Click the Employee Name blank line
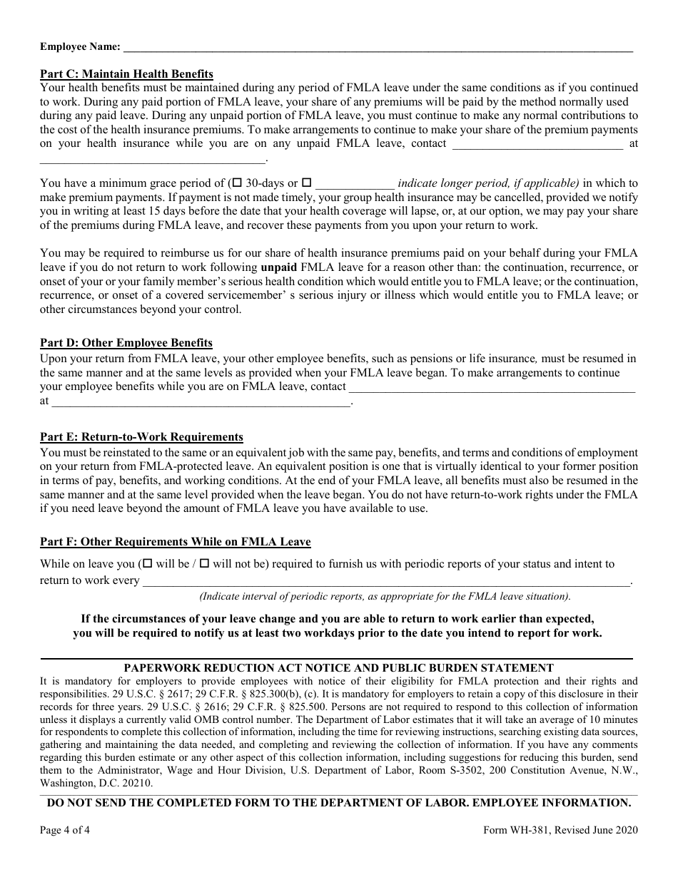[x=378, y=47]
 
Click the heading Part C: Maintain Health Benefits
[x=126, y=74]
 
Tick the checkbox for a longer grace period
[x=307, y=183]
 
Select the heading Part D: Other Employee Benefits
[x=126, y=343]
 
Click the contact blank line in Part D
[x=492, y=387]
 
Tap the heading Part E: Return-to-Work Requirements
[x=141, y=437]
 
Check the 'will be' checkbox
[x=148, y=563]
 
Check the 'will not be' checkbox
[x=204, y=563]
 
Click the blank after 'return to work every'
[x=386, y=580]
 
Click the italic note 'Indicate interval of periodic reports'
[x=385, y=597]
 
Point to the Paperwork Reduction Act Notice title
[x=338, y=668]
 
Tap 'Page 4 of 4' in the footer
[x=65, y=830]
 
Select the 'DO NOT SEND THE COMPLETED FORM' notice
[x=338, y=803]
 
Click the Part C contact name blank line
[x=537, y=144]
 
